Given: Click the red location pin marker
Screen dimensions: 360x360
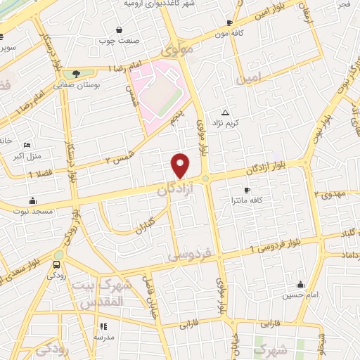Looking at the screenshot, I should pos(181,165).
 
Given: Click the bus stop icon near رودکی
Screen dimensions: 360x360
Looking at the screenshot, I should pos(56,265).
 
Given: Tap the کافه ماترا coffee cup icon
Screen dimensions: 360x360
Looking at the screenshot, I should pos(247,190).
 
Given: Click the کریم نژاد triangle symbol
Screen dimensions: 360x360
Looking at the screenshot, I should pos(225,112).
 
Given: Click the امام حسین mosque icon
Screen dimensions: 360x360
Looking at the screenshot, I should pos(300,285).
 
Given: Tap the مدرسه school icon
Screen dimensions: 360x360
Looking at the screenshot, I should pos(103,326).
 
